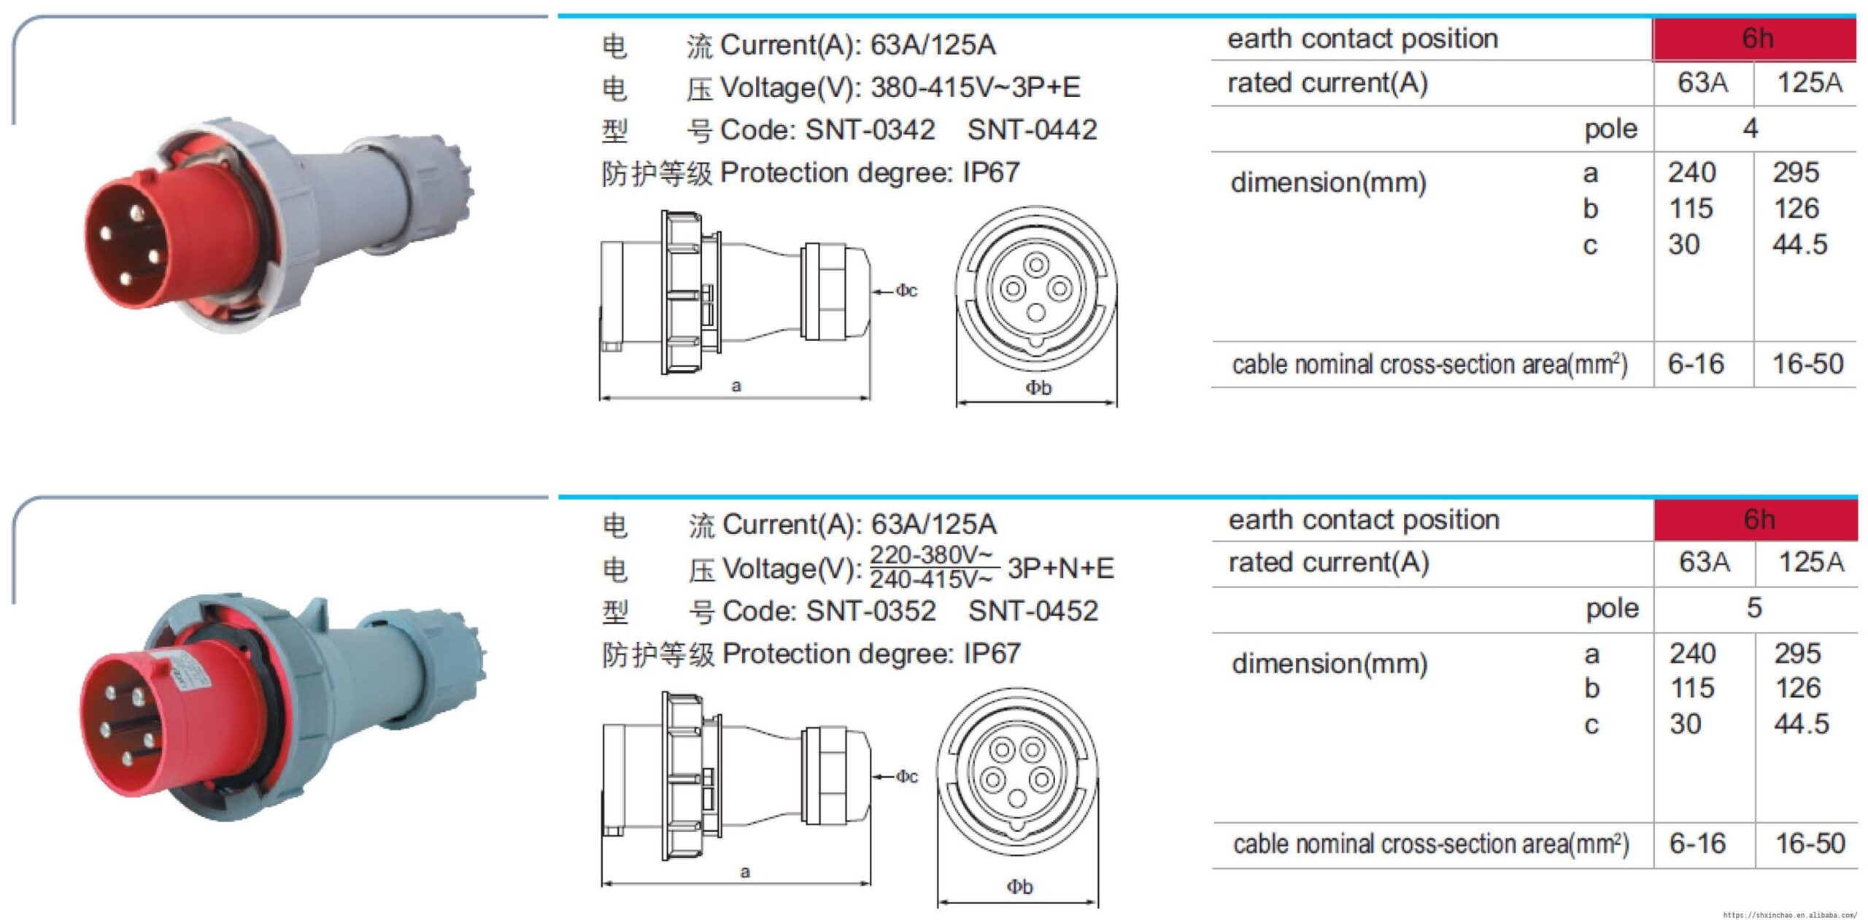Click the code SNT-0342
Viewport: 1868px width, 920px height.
870,130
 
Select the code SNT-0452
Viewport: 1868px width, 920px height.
1033,611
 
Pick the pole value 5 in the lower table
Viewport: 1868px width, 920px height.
1754,608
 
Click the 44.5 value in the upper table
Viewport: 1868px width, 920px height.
1799,244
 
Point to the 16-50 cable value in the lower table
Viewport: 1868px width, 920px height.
1810,843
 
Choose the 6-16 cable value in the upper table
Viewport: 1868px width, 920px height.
1696,363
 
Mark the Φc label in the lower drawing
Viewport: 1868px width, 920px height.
906,776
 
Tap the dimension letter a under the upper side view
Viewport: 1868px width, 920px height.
736,386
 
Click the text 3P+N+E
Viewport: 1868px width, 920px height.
1060,568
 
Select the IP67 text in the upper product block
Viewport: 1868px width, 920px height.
990,173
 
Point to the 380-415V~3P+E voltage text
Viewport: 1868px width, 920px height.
975,88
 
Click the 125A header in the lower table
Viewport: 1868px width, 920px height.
1810,562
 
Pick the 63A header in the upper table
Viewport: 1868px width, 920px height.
1702,82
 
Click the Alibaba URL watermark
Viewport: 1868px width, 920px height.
1789,914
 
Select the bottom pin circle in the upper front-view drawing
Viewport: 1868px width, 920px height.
1036,313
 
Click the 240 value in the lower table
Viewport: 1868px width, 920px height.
1692,653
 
